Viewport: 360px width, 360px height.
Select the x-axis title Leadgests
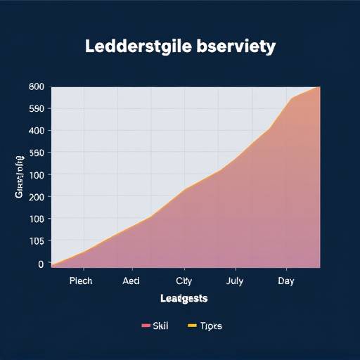point(184,298)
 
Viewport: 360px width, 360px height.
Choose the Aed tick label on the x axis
point(131,281)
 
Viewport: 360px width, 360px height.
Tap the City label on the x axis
point(184,281)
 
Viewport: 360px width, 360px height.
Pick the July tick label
point(236,281)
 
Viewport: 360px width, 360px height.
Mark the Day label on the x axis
point(286,281)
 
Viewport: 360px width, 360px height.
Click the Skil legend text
point(161,326)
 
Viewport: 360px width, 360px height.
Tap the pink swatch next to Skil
point(146,326)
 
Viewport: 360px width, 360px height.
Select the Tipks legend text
point(210,326)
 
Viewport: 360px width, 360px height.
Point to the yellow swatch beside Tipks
point(193,326)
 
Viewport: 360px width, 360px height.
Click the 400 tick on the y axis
point(37,131)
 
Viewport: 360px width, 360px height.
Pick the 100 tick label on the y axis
point(37,174)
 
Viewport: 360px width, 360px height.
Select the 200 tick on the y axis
point(37,197)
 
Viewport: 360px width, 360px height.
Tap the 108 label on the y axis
point(37,219)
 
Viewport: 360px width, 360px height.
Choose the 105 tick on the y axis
point(37,241)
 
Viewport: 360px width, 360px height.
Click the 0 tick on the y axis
point(40,264)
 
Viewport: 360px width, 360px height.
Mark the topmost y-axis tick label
point(37,87)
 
